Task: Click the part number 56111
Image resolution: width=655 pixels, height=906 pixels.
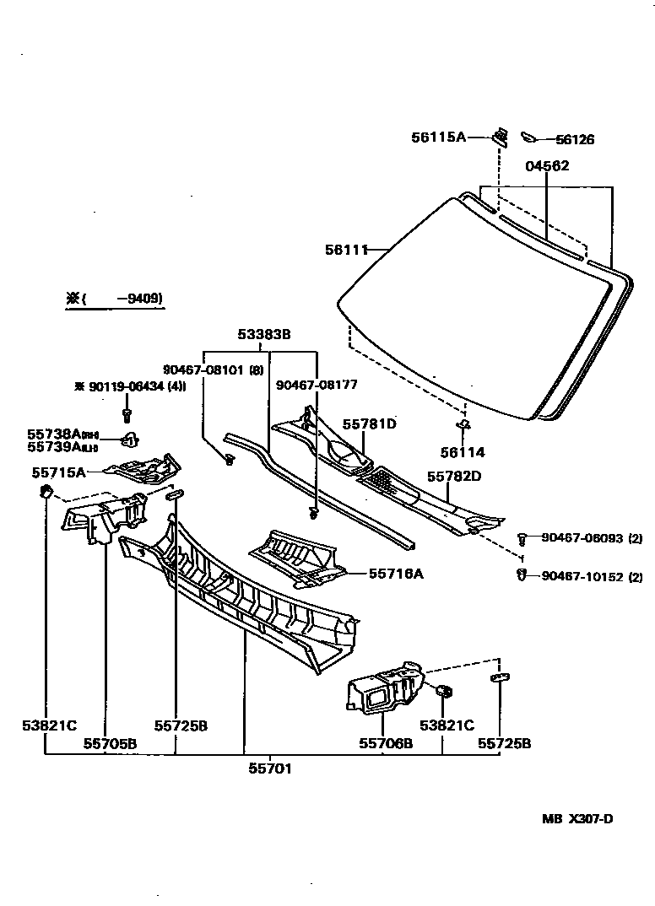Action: point(346,249)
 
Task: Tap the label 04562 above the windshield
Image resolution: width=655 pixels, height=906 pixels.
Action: point(547,166)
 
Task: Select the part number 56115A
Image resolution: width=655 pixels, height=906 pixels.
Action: point(439,137)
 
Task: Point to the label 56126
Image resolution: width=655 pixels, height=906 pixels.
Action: point(575,140)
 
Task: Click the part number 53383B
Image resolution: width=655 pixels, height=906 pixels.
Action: point(263,335)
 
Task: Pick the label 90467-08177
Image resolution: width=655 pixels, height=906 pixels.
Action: point(317,385)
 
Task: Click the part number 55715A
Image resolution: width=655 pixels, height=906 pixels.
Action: point(58,472)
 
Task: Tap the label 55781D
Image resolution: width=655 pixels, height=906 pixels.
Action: point(369,424)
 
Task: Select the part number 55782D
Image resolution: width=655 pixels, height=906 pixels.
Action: point(453,477)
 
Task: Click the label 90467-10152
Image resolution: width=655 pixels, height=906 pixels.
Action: point(582,577)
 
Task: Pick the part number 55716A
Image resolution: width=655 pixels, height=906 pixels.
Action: point(396,574)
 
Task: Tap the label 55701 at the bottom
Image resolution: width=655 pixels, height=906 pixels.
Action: point(270,768)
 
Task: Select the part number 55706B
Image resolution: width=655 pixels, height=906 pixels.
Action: point(386,743)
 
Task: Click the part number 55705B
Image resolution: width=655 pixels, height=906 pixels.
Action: point(110,743)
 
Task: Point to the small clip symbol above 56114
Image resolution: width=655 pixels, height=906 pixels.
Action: point(463,423)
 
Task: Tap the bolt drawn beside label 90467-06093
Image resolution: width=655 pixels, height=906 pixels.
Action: point(524,537)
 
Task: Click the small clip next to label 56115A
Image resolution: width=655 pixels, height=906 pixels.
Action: point(501,137)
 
